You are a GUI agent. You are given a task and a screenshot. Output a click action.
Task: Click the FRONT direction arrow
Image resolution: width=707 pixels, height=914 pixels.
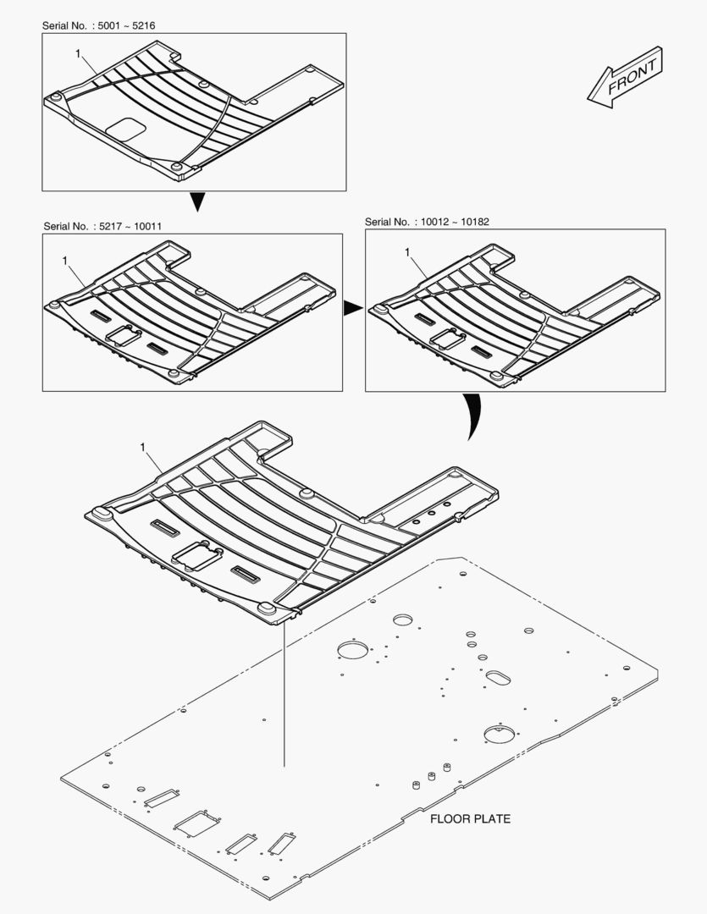625,79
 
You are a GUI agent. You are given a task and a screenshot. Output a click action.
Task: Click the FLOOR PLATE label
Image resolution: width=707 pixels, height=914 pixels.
470,819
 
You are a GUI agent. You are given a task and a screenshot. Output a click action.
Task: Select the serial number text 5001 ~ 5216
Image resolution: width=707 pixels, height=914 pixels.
126,25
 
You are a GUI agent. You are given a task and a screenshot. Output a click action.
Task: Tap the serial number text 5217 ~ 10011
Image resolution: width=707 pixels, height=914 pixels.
130,226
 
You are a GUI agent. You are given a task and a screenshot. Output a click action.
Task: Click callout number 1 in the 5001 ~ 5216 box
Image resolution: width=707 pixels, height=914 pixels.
78,53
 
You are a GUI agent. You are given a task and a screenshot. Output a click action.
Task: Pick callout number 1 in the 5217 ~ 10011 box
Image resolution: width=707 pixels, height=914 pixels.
64,261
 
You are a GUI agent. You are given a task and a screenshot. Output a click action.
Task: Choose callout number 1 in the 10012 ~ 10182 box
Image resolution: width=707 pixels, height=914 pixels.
407,252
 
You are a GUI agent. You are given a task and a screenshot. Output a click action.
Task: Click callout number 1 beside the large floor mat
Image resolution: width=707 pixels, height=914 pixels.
143,447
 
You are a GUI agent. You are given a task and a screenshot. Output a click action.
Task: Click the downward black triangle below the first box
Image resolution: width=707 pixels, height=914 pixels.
198,201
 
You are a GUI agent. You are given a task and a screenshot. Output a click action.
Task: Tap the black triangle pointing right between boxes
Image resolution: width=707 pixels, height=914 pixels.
352,308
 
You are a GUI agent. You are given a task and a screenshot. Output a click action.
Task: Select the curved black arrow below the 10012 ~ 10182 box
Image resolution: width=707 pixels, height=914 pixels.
473,416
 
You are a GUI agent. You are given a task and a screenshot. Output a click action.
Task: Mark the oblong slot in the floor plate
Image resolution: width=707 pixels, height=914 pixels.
498,677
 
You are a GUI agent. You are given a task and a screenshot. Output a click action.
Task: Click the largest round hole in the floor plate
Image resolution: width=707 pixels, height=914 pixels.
354,649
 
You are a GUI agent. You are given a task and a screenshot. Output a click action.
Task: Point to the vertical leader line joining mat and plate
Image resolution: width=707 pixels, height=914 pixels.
284,694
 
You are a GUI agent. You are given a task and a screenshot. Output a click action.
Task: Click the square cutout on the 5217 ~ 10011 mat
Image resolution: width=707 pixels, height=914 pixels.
123,336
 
